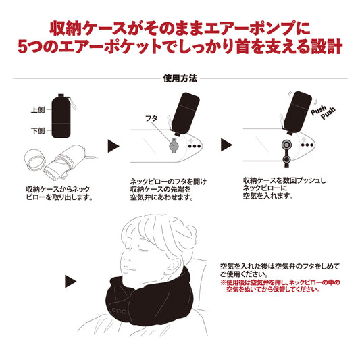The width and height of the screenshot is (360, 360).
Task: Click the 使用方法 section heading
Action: (180, 78)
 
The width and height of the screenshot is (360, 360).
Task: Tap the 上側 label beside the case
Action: (38, 110)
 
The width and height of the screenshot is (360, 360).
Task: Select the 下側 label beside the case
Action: (38, 131)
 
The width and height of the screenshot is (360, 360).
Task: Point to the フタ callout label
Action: (151, 118)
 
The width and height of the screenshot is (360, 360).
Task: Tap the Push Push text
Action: (323, 113)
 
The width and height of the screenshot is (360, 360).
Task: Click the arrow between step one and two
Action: (113, 146)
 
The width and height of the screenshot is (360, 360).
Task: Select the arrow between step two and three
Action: (226, 145)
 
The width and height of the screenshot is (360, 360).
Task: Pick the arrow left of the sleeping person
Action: (70, 281)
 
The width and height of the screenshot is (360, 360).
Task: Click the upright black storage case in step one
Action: (61, 116)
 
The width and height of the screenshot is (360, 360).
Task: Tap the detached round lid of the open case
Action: (35, 161)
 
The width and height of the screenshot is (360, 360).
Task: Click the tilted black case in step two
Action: (185, 113)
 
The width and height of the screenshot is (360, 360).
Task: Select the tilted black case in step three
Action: (297, 111)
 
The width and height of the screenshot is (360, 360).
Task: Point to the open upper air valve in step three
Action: (286, 145)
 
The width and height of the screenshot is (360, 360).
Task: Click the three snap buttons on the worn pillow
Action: (119, 311)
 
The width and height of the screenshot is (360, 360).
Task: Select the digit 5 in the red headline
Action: (23, 47)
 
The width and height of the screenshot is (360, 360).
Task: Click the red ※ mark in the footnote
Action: (223, 282)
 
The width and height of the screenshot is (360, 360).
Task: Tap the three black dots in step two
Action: (195, 146)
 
